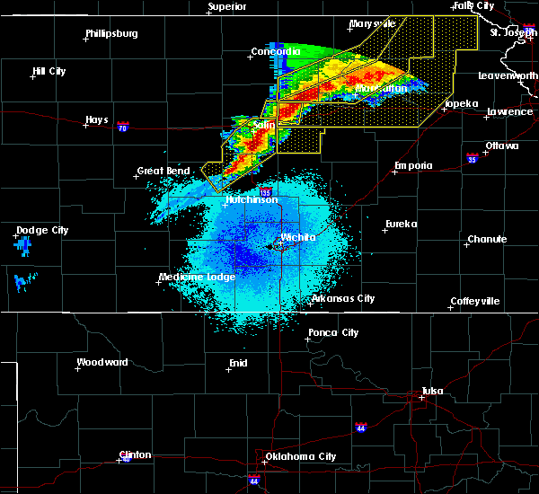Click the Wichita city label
tap(298, 237)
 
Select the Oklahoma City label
tap(307, 456)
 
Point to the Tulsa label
tap(434, 391)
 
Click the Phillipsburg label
tap(112, 34)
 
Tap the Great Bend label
tap(163, 171)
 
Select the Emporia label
tap(413, 165)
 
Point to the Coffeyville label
tap(475, 301)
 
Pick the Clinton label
tap(135, 454)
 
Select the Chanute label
tap(487, 239)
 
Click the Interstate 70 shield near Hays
tap(123, 128)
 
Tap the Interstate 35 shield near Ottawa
tap(471, 157)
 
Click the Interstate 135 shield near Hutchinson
tap(266, 192)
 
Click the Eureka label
tap(402, 224)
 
